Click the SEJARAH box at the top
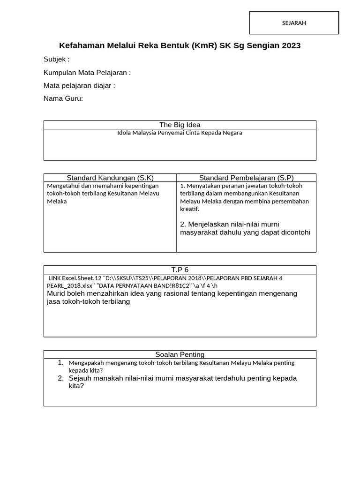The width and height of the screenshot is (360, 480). pos(294,23)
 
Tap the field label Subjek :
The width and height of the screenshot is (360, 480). pos(56,59)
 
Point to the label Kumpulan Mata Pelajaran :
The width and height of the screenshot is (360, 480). pos(87,72)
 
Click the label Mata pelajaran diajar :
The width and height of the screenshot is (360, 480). pos(79,85)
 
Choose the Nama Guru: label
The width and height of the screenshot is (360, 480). pos(63,98)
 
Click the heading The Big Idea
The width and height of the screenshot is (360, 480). pos(180,125)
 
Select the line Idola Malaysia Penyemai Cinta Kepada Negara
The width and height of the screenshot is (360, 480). pos(180,133)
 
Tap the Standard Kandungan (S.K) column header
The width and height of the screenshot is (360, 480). pos(110,178)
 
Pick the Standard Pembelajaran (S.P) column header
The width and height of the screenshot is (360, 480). pos(246,178)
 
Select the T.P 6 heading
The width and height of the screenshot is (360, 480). pos(180,270)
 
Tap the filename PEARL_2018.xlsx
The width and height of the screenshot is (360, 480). pos(70,285)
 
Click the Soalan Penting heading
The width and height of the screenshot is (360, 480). pos(180,354)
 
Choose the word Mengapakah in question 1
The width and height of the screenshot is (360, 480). pos(86,363)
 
